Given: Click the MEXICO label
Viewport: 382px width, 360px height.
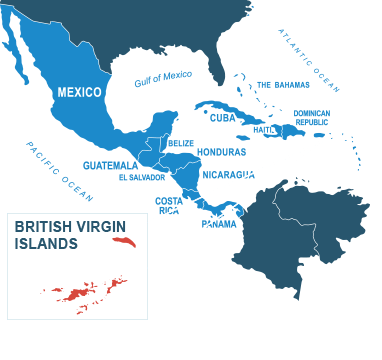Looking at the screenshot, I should (78, 92).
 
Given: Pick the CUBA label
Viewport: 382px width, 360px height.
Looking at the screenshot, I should (223, 117).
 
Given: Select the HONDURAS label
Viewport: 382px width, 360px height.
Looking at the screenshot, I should (221, 152).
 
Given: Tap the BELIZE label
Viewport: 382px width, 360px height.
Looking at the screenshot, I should (181, 143).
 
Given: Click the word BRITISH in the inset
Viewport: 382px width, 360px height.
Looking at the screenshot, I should (43, 227).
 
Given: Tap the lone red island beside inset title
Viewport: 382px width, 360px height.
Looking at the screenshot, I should (124, 241).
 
